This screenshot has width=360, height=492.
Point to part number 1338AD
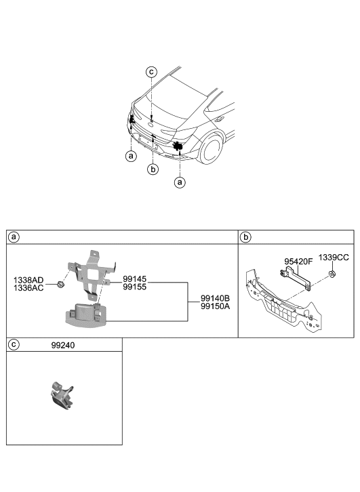point(29,279)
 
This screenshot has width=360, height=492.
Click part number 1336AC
point(29,288)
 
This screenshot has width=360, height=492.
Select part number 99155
point(134,288)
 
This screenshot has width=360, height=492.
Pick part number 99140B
point(215,298)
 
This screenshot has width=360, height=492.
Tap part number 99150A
point(215,307)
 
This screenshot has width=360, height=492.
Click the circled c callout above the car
point(152,72)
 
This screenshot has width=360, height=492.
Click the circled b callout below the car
point(153,169)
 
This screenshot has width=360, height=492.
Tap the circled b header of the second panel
point(245,237)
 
